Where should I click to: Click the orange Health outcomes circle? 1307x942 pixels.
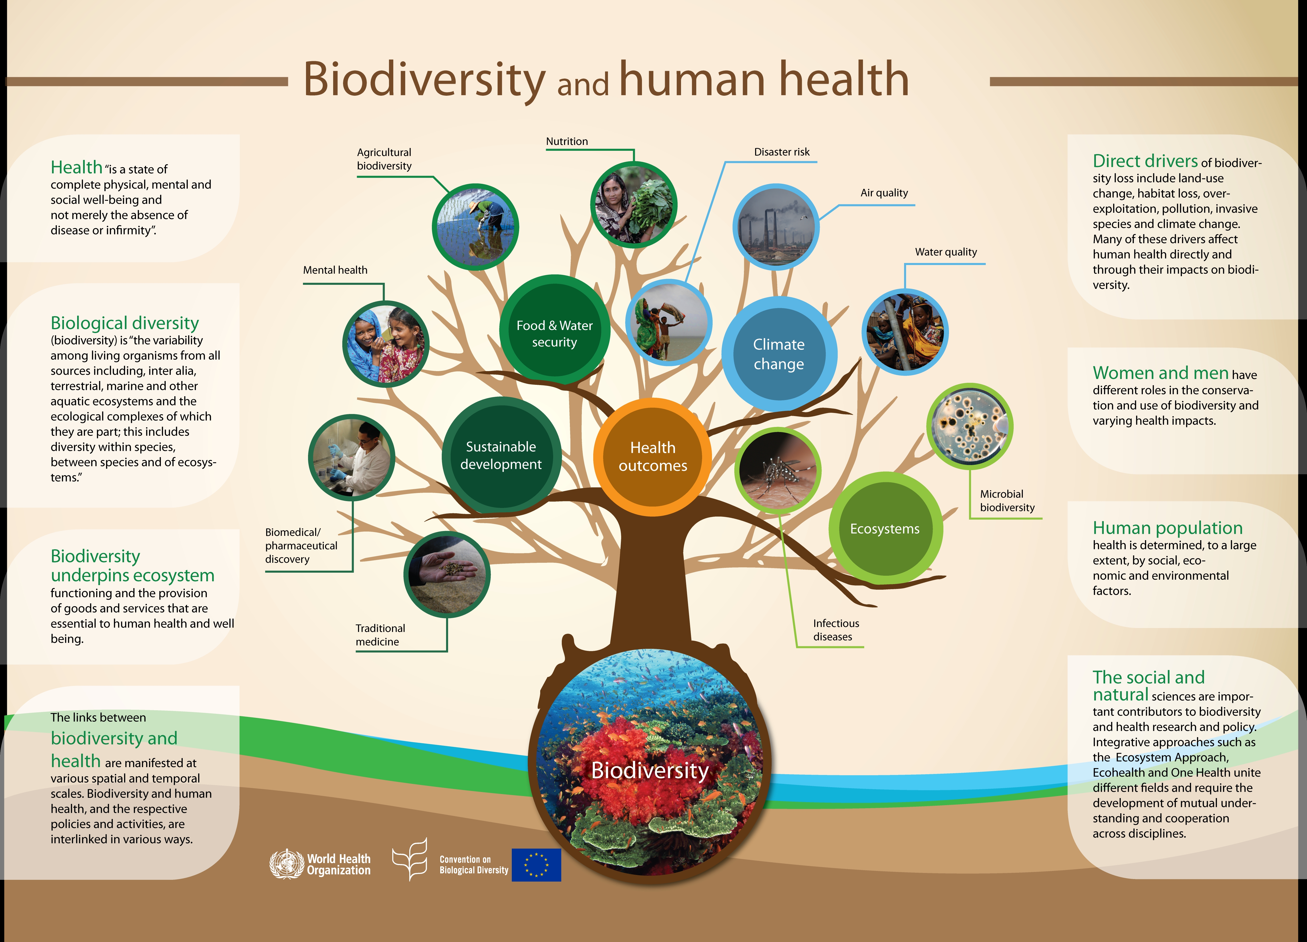pos(652,457)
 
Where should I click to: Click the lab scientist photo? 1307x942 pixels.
pos(351,457)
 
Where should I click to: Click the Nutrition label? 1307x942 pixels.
pos(567,141)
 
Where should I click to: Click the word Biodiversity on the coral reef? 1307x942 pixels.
pos(650,770)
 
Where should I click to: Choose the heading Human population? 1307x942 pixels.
pos(1167,527)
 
